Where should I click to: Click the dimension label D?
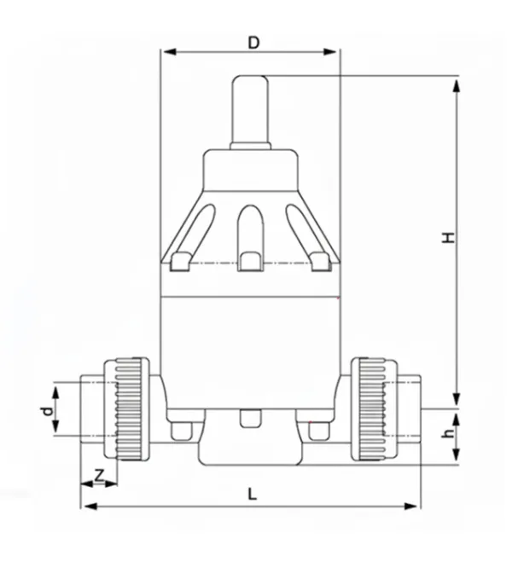[x=253, y=40]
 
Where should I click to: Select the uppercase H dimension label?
[x=448, y=236]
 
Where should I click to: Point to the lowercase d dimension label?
[x=47, y=411]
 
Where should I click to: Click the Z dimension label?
[x=98, y=476]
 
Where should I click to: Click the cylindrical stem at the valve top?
[x=250, y=109]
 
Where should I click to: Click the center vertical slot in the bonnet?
[x=250, y=236]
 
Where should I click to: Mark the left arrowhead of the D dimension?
[x=167, y=52]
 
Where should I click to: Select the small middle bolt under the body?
[x=250, y=419]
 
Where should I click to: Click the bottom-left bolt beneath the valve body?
[x=182, y=431]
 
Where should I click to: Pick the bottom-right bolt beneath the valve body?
[x=318, y=431]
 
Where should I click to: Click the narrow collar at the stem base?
[x=250, y=146]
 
